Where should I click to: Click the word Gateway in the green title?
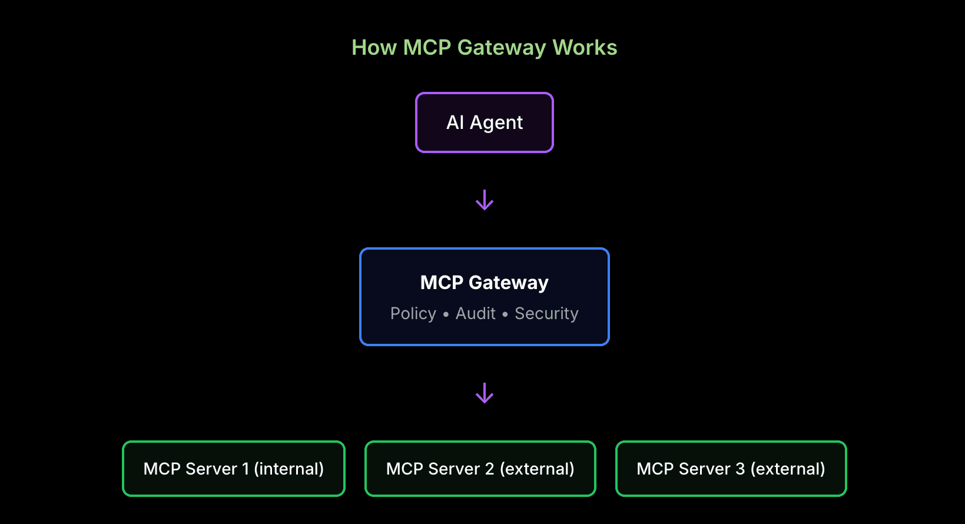pos(502,48)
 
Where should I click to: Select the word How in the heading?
pos(374,48)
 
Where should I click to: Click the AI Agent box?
pos(485,122)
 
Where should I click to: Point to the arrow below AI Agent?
pos(485,200)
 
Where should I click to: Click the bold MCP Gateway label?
pos(485,283)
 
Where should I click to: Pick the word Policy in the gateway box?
pos(413,314)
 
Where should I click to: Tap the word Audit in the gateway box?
pos(476,314)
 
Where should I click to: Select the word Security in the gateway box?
pos(546,314)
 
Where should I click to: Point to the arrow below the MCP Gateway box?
pos(485,393)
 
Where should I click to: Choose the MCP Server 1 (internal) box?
pos(234,469)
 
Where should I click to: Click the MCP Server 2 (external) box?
pos(480,469)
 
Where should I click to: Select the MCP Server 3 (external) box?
pos(731,469)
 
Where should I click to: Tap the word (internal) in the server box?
pos(289,469)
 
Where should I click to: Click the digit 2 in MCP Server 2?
pos(490,469)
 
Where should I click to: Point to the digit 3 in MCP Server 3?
pos(740,469)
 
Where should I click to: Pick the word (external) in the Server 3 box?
pos(788,469)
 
